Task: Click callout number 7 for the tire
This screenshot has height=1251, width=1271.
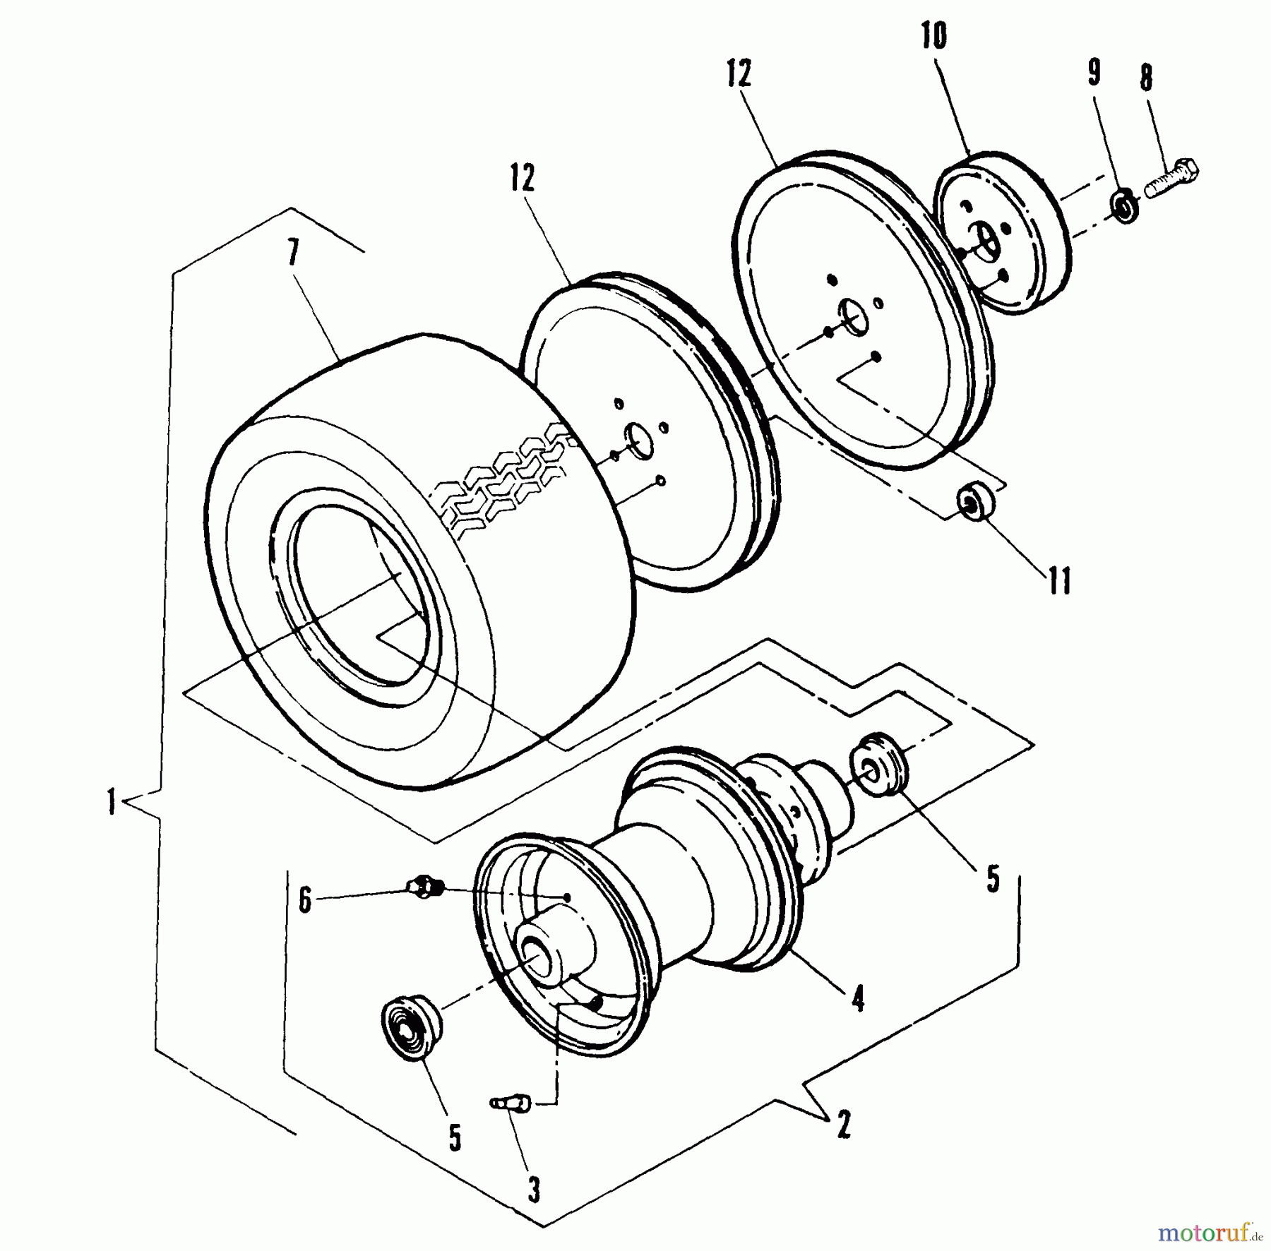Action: tap(294, 253)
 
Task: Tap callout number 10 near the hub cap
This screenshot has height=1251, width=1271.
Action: tap(933, 36)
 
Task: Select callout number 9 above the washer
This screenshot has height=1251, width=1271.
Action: tap(1093, 72)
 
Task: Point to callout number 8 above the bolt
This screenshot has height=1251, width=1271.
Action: tap(1146, 78)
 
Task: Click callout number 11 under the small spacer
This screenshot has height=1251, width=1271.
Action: tap(1060, 581)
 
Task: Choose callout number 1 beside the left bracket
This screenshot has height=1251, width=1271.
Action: tap(111, 802)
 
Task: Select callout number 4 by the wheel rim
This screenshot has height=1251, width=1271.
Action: tap(858, 999)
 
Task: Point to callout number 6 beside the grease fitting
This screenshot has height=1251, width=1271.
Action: tap(305, 900)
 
